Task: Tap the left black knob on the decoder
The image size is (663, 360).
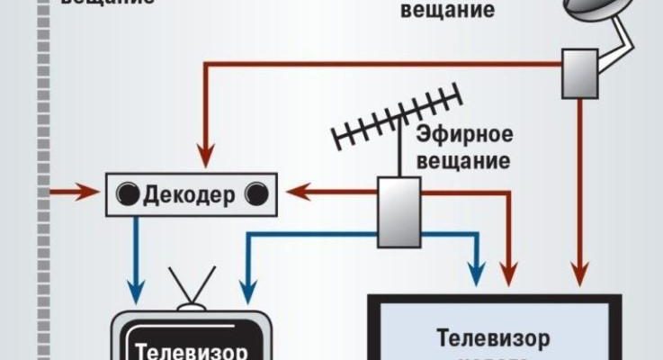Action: click(x=128, y=193)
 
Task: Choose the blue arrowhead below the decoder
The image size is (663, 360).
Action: click(x=135, y=292)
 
